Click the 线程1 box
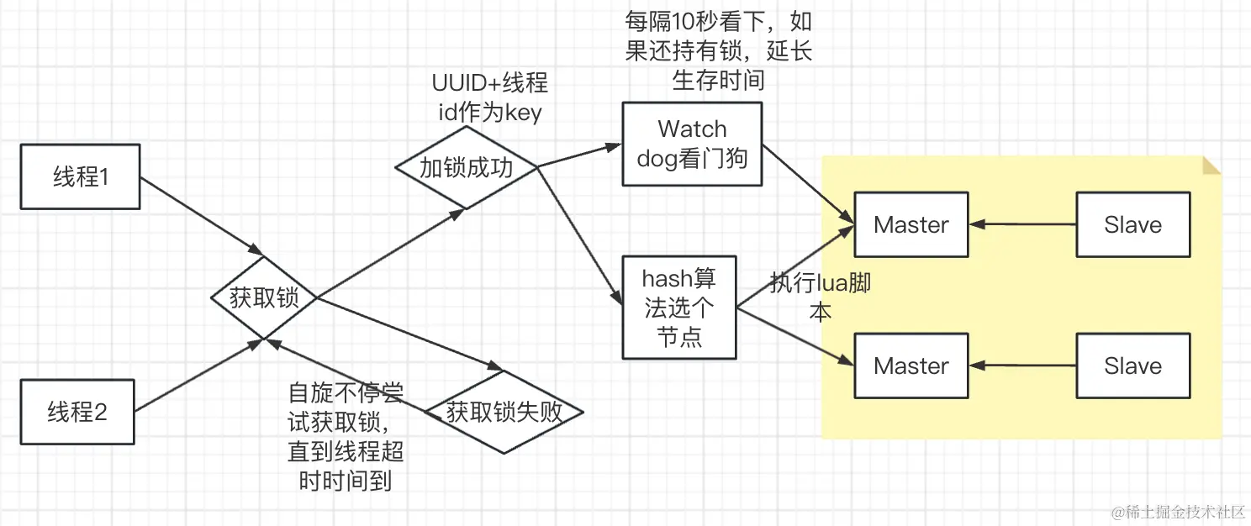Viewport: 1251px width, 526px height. coord(80,177)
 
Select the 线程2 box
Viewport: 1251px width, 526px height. coord(77,413)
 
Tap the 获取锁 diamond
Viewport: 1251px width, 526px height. coord(264,298)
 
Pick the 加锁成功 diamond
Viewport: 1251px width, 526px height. coord(466,168)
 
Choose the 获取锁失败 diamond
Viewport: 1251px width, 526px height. coord(504,413)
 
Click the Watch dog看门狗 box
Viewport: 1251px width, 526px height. coord(692,144)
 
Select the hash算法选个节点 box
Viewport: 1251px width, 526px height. coord(679,308)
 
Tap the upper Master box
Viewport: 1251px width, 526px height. coord(911,224)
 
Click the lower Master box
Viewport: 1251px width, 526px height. coord(911,366)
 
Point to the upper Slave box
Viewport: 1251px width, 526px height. coord(1133,224)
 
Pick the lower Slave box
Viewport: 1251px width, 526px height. coord(1133,366)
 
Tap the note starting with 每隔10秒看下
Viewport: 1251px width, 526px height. coord(717,51)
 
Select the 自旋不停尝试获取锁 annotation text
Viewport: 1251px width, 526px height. coord(346,437)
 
